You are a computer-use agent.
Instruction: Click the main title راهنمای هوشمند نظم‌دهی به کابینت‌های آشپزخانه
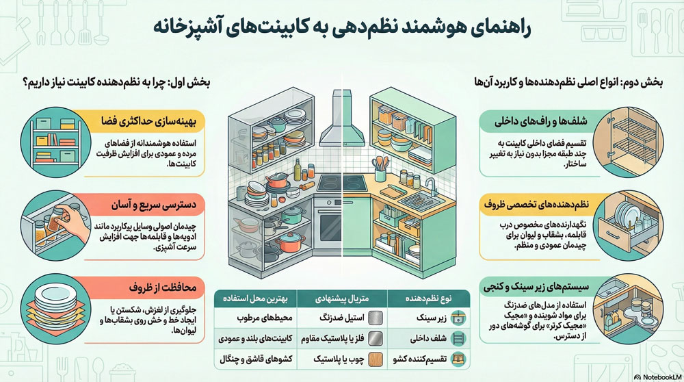(x=341, y=29)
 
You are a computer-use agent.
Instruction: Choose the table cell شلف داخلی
(x=427, y=338)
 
